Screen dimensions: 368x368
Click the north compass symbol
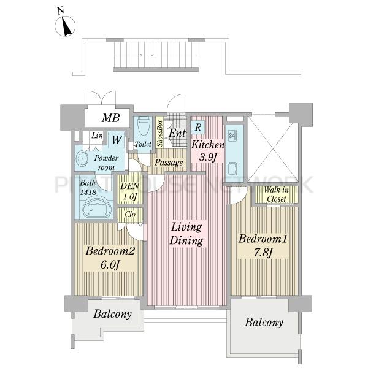point(65,26)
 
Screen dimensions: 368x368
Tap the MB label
point(111,118)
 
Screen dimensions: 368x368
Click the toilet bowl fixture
point(143,126)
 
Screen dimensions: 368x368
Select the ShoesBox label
point(160,133)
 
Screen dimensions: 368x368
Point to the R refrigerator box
point(198,127)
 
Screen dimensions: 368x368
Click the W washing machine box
point(117,140)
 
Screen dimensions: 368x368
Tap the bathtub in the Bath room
point(98,208)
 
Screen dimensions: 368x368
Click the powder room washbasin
point(81,158)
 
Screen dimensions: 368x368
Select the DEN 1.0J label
point(130,191)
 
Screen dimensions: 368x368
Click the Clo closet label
point(130,214)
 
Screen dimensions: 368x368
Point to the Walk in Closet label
point(276,194)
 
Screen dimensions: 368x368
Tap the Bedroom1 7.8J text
point(263,245)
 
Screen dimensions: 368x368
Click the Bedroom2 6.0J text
point(110,258)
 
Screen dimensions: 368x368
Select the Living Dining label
point(186,234)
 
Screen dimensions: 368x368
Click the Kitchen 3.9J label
point(208,151)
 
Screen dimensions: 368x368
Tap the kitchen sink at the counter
point(233,136)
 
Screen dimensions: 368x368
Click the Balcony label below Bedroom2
point(112,314)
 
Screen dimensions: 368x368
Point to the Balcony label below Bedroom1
point(264,323)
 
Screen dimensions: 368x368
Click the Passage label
point(169,163)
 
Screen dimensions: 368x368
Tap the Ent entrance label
point(177,133)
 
